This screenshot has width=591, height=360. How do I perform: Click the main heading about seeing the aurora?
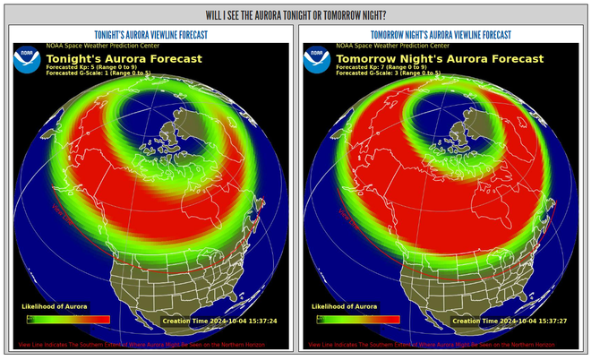(295, 15)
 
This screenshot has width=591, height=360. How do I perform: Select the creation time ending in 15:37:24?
(218, 320)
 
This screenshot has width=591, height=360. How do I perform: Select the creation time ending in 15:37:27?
(509, 320)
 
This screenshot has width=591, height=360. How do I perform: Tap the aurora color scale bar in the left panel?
(69, 319)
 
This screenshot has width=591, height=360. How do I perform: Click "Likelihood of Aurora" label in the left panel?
(55, 307)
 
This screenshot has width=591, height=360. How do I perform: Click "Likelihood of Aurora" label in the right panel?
(345, 307)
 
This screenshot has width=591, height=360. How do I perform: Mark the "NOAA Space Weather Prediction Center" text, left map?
(101, 45)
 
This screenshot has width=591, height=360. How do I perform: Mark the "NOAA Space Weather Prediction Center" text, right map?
(391, 45)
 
